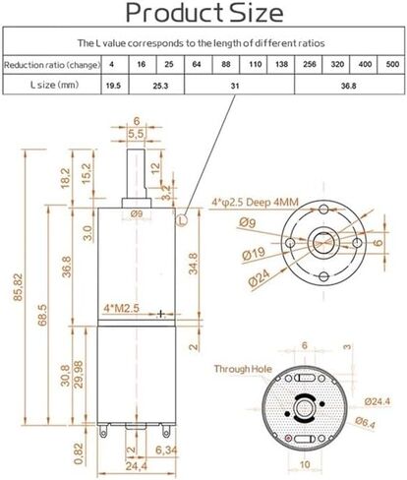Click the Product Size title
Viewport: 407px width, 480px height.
point(203,14)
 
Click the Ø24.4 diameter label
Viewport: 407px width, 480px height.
point(378,401)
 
